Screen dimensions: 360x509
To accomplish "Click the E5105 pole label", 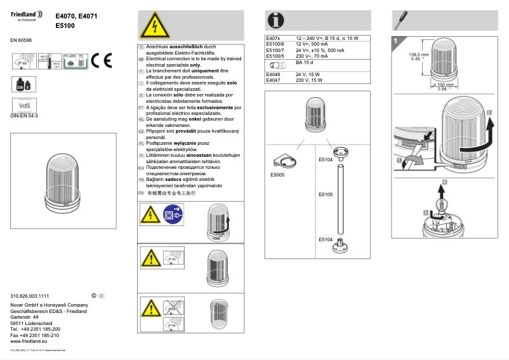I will click(325, 194).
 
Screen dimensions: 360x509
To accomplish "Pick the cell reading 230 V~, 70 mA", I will click(312, 56).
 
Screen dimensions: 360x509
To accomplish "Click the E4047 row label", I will click(274, 81).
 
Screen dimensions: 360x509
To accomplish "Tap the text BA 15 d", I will click(305, 63).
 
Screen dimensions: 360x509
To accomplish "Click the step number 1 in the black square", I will click(396, 41).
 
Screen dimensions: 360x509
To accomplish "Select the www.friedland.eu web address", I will click(30, 341).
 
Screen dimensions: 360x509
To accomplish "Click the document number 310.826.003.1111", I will click(30, 297).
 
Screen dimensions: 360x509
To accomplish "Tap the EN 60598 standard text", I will click(21, 40).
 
